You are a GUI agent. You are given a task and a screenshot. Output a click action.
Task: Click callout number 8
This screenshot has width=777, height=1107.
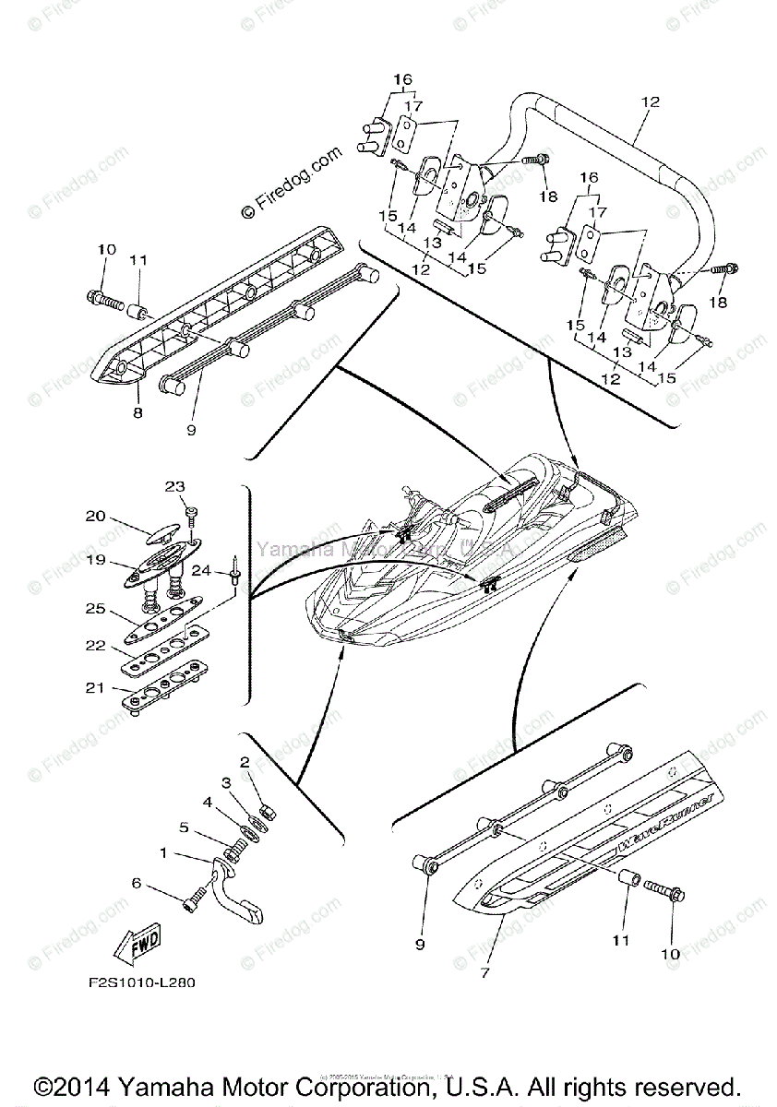(137, 412)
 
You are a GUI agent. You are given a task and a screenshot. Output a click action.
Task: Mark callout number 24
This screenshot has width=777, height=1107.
(208, 571)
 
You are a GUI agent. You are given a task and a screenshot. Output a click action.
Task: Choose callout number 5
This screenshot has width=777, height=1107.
(184, 827)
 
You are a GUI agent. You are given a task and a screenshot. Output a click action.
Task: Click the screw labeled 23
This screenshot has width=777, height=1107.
(192, 512)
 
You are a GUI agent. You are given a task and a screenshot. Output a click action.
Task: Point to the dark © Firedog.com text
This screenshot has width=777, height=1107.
(291, 182)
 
